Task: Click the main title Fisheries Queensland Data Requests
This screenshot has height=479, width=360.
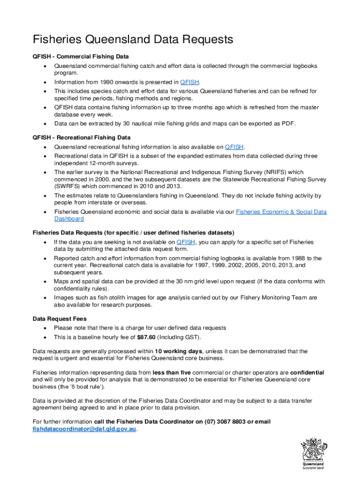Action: [133, 39]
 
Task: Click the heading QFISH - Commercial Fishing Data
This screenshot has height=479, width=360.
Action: [80, 57]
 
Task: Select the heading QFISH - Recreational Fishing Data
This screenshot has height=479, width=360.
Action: [81, 138]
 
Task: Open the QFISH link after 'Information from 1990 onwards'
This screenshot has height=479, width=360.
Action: [190, 82]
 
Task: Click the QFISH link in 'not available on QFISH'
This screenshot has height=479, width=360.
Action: [186, 242]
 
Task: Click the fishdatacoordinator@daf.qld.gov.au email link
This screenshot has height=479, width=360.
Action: [85, 428]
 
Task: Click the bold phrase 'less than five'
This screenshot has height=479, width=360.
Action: [172, 372]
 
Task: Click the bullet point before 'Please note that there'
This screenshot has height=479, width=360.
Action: [44, 328]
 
